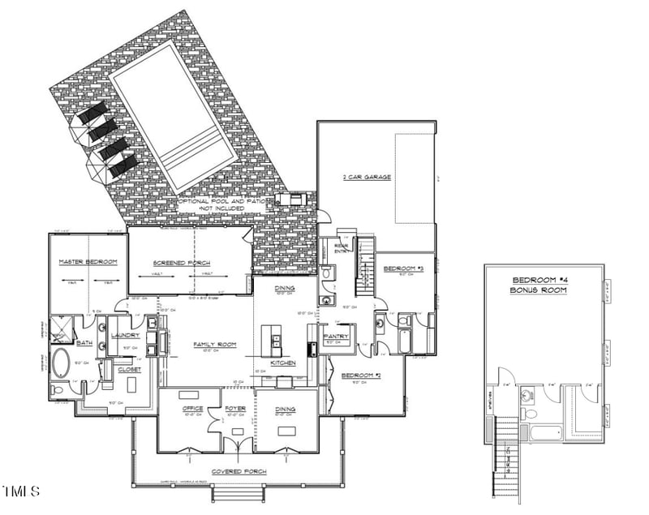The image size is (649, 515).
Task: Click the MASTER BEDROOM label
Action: click(88, 262)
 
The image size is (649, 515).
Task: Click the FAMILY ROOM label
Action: click(214, 345)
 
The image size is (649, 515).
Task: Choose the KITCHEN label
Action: click(282, 363)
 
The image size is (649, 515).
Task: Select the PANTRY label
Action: click(336, 336)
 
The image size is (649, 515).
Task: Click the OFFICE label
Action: click(193, 409)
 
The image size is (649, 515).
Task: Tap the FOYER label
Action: click(235, 409)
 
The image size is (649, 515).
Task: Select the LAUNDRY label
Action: click(125, 335)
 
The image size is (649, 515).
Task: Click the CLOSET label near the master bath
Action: click(129, 369)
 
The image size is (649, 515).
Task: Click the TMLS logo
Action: click(21, 491)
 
